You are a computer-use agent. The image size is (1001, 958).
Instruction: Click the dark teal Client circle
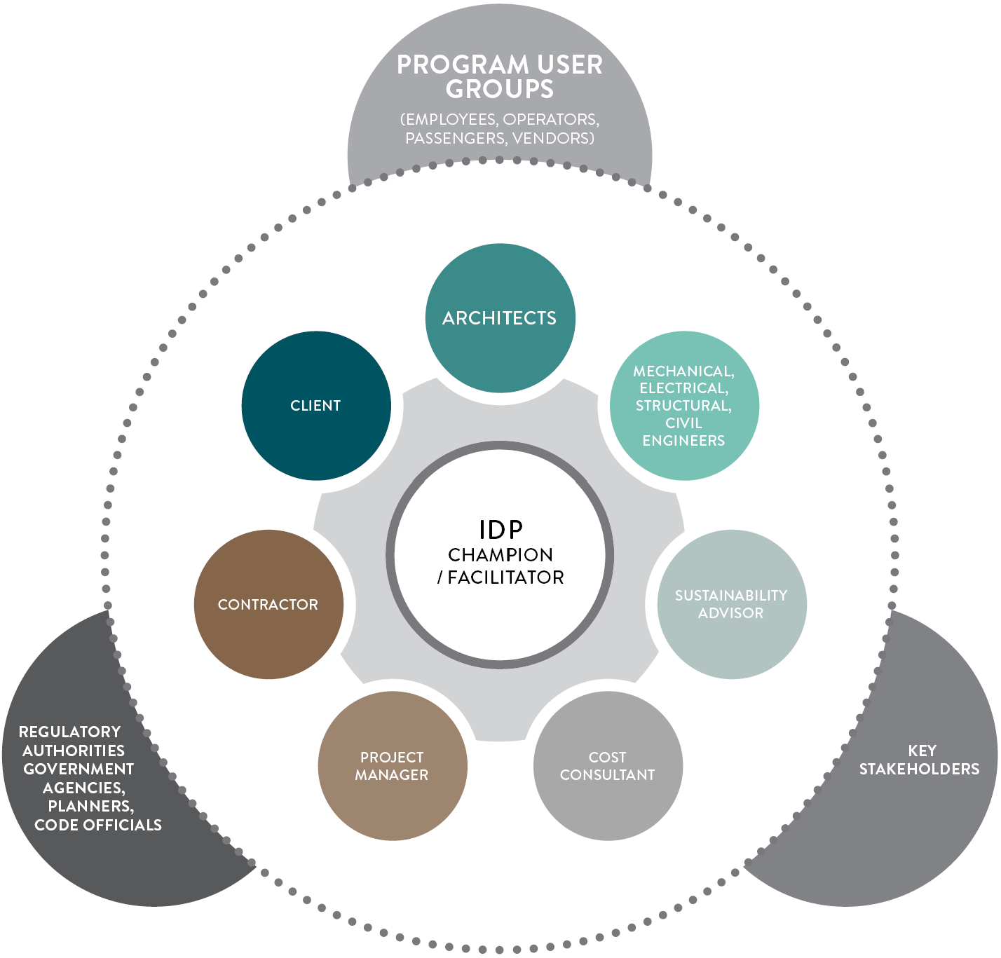pyautogui.click(x=316, y=406)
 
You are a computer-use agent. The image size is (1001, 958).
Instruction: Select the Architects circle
pyautogui.click(x=500, y=318)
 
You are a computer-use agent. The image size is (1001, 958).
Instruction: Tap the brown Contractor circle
pyautogui.click(x=268, y=604)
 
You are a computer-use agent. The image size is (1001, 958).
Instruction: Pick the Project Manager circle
pyautogui.click(x=392, y=766)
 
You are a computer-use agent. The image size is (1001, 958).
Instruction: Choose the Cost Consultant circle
pyautogui.click(x=608, y=766)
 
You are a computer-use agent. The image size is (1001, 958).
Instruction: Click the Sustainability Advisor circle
pyautogui.click(x=731, y=604)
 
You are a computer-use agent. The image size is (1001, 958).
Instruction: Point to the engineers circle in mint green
pyautogui.click(x=684, y=406)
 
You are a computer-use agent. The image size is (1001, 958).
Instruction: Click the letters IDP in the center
pyautogui.click(x=500, y=530)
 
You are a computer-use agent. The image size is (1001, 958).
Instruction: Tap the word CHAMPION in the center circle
pyautogui.click(x=500, y=555)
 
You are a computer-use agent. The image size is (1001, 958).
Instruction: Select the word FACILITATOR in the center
pyautogui.click(x=506, y=577)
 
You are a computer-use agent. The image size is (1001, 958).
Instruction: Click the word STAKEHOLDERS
pyautogui.click(x=919, y=769)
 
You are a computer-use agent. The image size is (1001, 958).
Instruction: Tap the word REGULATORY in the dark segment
pyautogui.click(x=69, y=732)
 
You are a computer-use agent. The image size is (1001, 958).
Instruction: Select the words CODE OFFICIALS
pyautogui.click(x=98, y=825)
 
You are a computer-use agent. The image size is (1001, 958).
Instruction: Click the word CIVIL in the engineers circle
pyautogui.click(x=683, y=423)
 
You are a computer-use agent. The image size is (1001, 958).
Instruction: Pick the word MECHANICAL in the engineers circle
pyautogui.click(x=683, y=371)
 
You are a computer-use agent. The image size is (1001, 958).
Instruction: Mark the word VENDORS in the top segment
pyautogui.click(x=552, y=138)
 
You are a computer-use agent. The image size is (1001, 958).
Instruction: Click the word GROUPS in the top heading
pyautogui.click(x=500, y=90)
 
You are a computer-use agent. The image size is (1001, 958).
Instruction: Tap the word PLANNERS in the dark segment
pyautogui.click(x=90, y=806)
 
